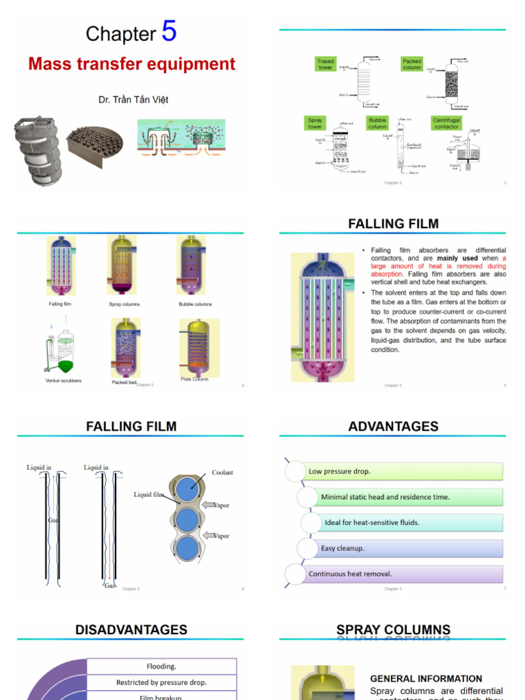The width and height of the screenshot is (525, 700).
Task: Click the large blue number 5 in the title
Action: pyautogui.click(x=169, y=31)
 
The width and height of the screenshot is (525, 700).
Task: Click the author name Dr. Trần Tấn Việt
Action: pyautogui.click(x=133, y=100)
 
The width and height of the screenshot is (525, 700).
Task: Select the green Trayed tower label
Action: pyautogui.click(x=325, y=64)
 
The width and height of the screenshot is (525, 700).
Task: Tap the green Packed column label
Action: pyautogui.click(x=412, y=64)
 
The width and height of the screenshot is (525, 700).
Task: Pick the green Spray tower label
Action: pyautogui.click(x=315, y=123)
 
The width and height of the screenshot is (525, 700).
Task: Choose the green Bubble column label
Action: pyautogui.click(x=377, y=123)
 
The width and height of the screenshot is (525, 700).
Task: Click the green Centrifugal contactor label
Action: pyautogui.click(x=446, y=123)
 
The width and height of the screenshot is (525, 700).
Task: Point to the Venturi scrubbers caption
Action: pyautogui.click(x=64, y=380)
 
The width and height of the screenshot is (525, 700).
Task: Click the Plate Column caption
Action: pyautogui.click(x=195, y=379)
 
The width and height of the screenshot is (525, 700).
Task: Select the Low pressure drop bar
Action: pyautogui.click(x=403, y=471)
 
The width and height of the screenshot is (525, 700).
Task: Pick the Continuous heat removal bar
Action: pyautogui.click(x=403, y=574)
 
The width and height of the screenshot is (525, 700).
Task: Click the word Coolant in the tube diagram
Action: pyautogui.click(x=222, y=472)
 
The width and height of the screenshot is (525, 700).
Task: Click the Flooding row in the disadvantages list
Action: pyautogui.click(x=161, y=666)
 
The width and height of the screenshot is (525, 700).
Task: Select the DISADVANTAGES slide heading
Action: pyautogui.click(x=131, y=630)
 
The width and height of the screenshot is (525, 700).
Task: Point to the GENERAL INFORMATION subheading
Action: pyautogui.click(x=426, y=679)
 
